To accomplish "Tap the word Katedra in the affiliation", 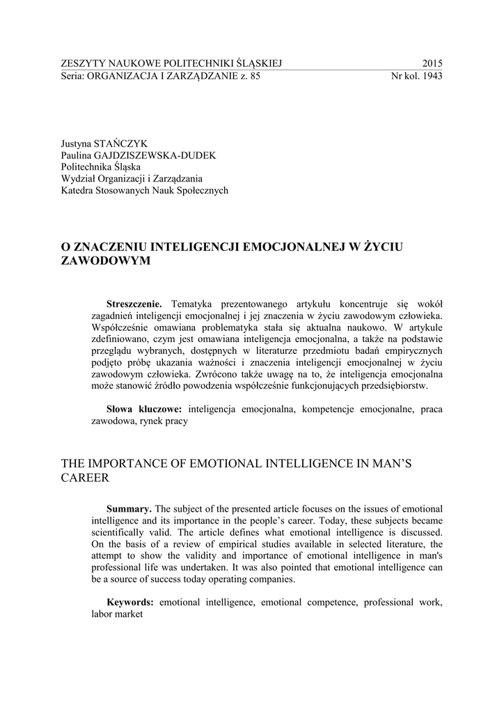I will [77, 190].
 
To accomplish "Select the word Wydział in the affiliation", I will [79, 178].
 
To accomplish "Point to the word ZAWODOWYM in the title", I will [107, 261].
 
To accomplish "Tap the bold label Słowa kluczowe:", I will [144, 409].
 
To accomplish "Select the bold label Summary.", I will [129, 509].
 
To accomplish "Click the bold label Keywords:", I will [130, 602].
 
